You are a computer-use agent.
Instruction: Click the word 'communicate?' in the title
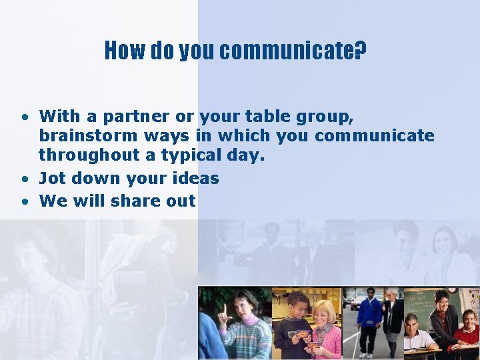click(293, 50)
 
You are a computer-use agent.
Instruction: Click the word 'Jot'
click(52, 178)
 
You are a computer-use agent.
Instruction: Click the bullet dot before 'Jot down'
click(23, 179)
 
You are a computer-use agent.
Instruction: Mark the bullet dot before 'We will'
click(23, 201)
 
